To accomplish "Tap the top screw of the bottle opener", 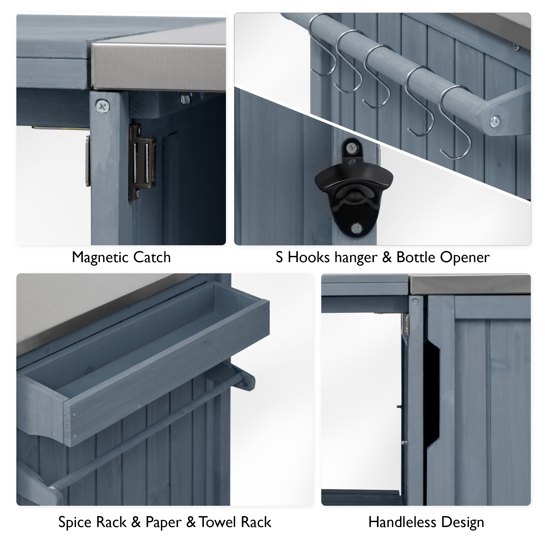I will pos(352,148).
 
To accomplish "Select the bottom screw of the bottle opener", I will pos(356,228).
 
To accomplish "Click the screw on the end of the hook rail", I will pos(495,121).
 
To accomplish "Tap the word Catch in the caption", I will pos(152,258).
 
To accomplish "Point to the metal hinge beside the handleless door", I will pos(405,324).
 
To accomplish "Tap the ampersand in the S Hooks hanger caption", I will pos(386,258).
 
